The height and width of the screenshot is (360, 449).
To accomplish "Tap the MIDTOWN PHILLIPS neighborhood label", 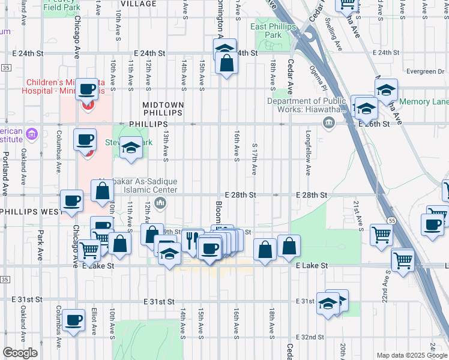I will point(162,109).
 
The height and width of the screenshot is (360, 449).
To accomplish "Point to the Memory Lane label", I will point(424,102).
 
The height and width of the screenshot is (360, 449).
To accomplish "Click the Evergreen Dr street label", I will point(424,71).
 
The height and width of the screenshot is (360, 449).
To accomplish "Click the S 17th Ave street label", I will point(255,159).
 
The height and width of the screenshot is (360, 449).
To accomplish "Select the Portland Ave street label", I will point(5,173).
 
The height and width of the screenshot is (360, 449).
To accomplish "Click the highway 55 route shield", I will point(390,221).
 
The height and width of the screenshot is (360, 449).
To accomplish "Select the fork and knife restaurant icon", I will point(191,241).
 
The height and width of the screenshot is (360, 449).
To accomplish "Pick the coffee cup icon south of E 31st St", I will point(73,320).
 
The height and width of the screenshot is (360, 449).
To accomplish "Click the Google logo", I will point(20,353).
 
